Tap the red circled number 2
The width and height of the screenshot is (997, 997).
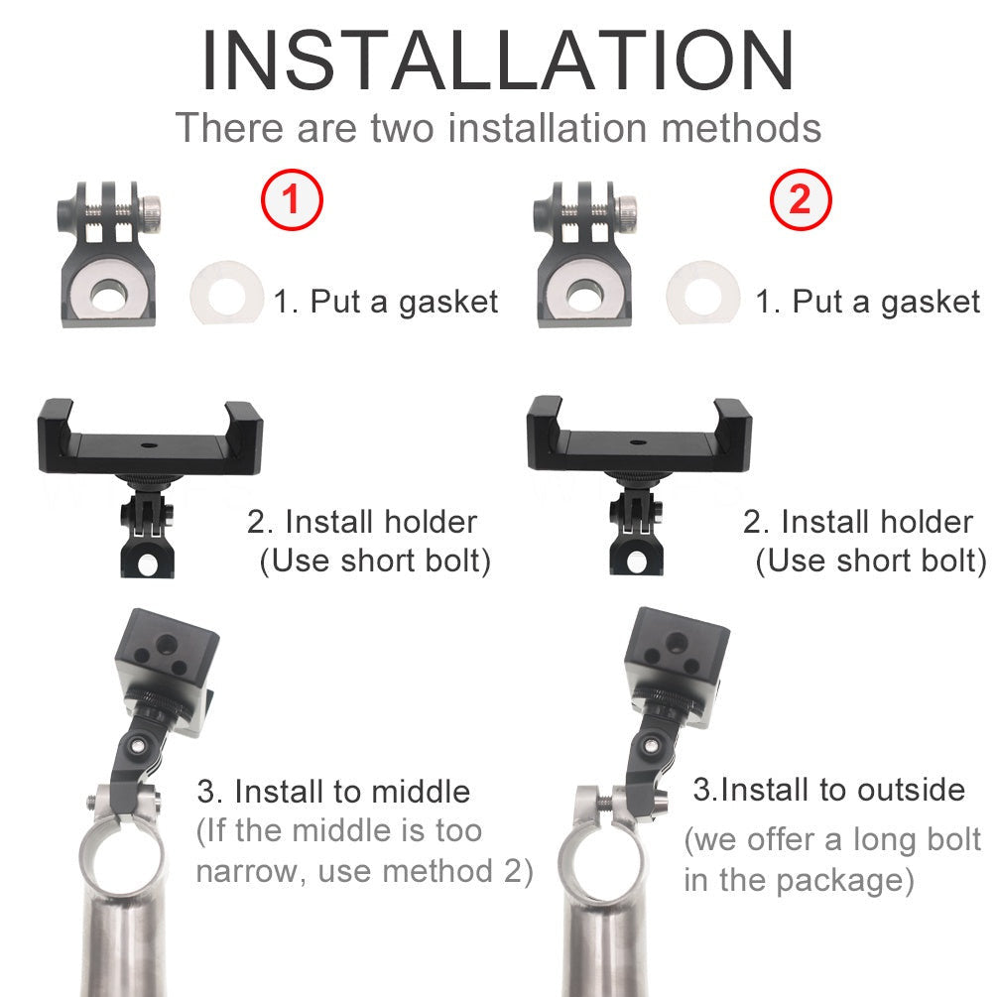point(800,200)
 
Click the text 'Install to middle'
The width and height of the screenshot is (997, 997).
point(333,792)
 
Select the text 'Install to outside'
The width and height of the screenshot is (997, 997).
point(829,790)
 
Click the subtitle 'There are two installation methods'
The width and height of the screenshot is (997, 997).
point(498,129)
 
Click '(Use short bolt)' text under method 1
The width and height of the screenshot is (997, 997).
point(375,561)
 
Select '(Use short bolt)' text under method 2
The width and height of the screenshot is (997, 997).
point(871,561)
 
